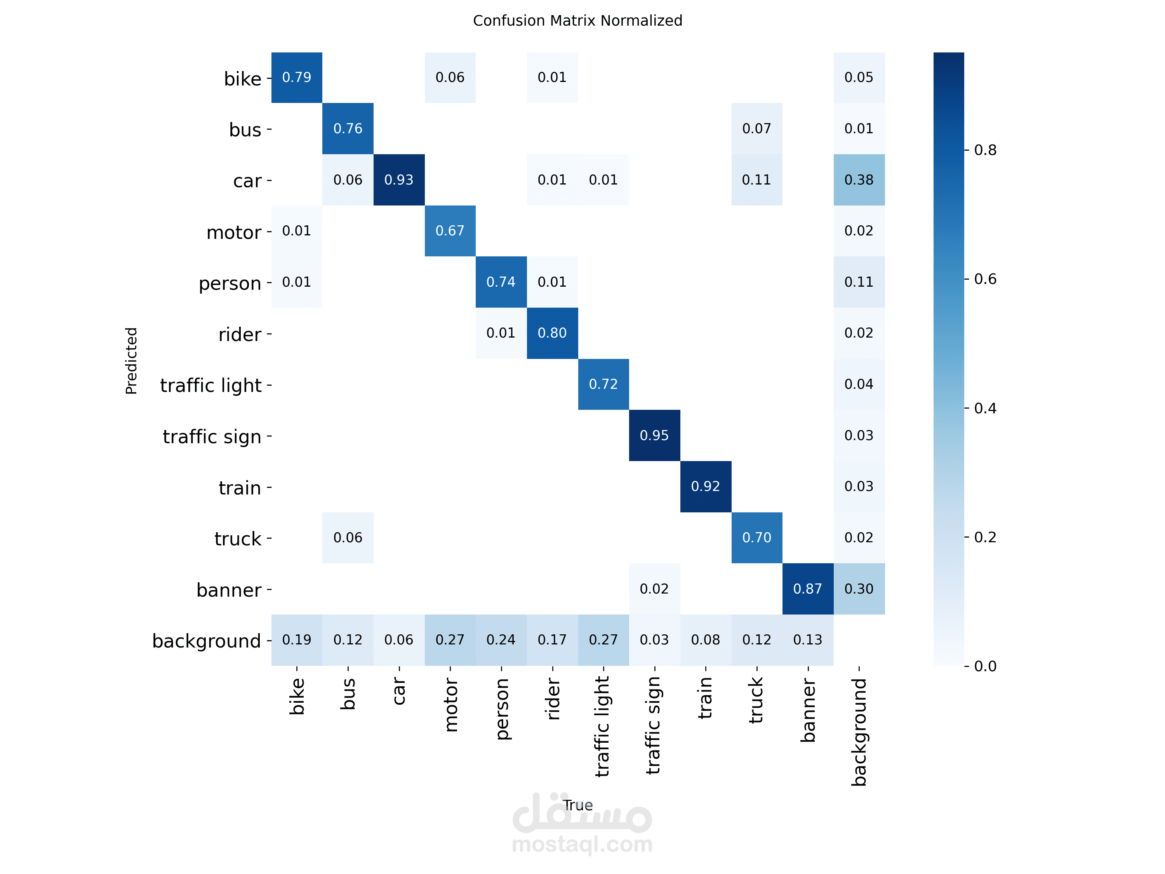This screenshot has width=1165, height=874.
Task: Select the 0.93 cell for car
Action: click(x=399, y=179)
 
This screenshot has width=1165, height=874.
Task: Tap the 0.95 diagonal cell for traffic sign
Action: click(x=654, y=435)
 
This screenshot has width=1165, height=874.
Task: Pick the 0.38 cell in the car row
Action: click(x=859, y=179)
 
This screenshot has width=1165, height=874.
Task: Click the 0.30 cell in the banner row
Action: click(x=859, y=588)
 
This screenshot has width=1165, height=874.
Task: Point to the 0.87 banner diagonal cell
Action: click(x=807, y=588)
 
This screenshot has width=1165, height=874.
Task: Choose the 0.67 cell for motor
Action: click(x=450, y=231)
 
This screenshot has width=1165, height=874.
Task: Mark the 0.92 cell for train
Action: click(x=705, y=486)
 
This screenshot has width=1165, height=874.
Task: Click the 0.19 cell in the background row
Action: click(x=297, y=639)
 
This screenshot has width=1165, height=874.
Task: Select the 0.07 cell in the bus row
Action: click(x=756, y=129)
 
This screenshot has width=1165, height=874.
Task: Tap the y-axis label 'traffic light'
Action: click(x=210, y=385)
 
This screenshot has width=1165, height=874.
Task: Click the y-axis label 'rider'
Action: click(x=240, y=334)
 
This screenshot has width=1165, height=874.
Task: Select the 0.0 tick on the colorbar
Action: click(x=985, y=666)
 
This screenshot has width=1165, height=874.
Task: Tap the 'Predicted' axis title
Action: click(x=131, y=360)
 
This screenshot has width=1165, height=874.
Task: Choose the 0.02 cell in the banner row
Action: click(x=654, y=588)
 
